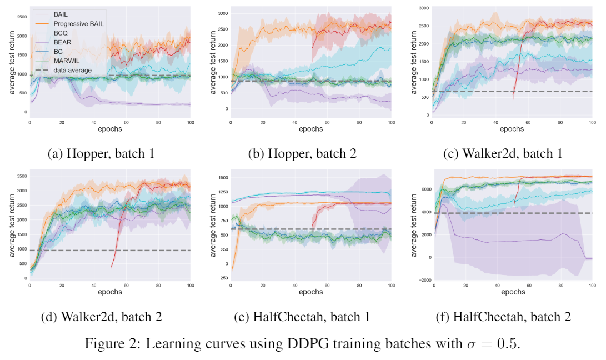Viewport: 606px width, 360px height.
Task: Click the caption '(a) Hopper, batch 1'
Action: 101,154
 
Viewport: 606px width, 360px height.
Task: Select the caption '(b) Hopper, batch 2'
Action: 303,154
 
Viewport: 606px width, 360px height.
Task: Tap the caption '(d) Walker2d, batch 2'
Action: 101,317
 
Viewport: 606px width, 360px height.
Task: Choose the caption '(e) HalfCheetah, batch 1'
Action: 303,317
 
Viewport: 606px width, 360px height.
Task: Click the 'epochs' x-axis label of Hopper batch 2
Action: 310,129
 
